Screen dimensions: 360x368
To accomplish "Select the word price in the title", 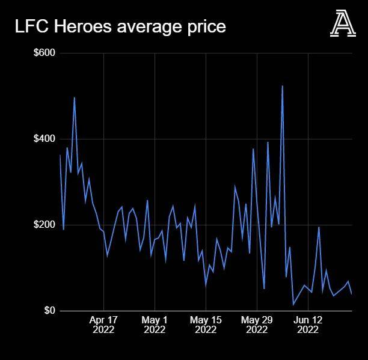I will [x=204, y=27].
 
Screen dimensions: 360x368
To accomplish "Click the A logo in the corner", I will [x=343, y=25].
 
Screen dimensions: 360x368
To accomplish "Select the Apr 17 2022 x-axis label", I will [x=103, y=325].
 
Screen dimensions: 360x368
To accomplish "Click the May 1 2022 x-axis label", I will [x=155, y=325].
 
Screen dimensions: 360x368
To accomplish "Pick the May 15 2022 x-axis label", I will [x=206, y=325].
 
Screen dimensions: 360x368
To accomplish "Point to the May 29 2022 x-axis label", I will [x=257, y=325].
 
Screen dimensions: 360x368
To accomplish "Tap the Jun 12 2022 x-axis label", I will [x=308, y=325].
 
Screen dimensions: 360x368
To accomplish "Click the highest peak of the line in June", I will [x=282, y=86].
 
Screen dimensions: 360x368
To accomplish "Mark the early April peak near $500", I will [x=74, y=97].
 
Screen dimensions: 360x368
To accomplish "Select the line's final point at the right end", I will [x=352, y=294].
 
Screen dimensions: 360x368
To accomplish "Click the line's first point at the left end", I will [x=60, y=155].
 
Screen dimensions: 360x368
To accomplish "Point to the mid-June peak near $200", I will [x=319, y=227].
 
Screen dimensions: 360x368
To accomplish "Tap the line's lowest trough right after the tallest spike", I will [x=293, y=305].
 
